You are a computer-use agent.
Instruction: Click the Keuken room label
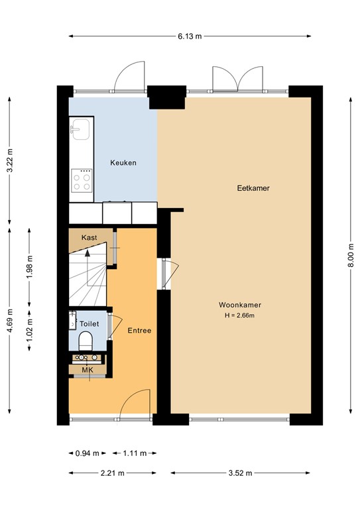pyautogui.click(x=123, y=162)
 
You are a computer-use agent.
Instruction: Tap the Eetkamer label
pyautogui.click(x=253, y=188)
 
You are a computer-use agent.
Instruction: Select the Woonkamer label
pyautogui.click(x=240, y=305)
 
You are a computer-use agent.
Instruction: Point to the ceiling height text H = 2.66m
pyautogui.click(x=239, y=315)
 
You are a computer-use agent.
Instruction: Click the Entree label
pyautogui.click(x=139, y=331)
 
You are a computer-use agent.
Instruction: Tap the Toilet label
pyautogui.click(x=90, y=323)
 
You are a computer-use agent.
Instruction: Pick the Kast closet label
pyautogui.click(x=89, y=237)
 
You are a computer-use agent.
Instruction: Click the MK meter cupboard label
pyautogui.click(x=88, y=370)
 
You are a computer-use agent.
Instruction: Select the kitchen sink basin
pyautogui.click(x=80, y=129)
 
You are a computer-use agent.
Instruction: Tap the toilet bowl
pyautogui.click(x=86, y=341)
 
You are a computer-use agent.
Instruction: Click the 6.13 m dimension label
pyautogui.click(x=190, y=36)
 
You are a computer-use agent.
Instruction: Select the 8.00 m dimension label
pyautogui.click(x=351, y=255)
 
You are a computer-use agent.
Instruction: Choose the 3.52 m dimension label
pyautogui.click(x=240, y=473)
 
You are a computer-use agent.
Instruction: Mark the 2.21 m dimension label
pyautogui.click(x=112, y=473)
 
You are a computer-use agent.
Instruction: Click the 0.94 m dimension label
pyautogui.click(x=87, y=453)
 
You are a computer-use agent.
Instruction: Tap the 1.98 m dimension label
pyautogui.click(x=30, y=267)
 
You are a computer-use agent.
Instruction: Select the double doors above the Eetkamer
pyautogui.click(x=237, y=78)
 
